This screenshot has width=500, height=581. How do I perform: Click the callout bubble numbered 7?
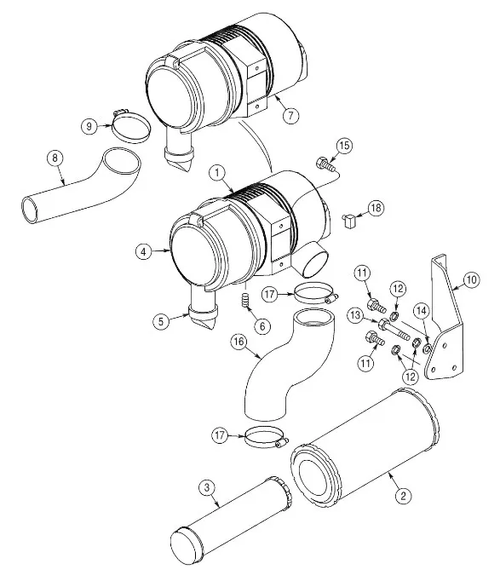point(290,115)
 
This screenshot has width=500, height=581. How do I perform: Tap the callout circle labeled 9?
point(89,126)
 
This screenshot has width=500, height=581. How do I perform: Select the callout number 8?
point(55,158)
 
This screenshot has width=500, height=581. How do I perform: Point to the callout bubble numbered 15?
point(344,145)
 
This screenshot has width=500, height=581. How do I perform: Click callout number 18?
point(376,208)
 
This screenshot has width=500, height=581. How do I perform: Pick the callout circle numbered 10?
point(471,279)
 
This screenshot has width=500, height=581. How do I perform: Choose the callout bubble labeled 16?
point(239,342)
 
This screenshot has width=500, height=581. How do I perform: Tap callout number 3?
point(207,487)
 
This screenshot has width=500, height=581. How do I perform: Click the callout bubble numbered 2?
point(403,496)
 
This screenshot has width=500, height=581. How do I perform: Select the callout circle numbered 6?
point(262,326)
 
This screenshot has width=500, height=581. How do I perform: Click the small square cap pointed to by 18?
point(349,221)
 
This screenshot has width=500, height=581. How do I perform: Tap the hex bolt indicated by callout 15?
point(325,164)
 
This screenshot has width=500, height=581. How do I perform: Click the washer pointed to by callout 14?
point(427,348)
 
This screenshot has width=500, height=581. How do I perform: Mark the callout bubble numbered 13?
point(355,316)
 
